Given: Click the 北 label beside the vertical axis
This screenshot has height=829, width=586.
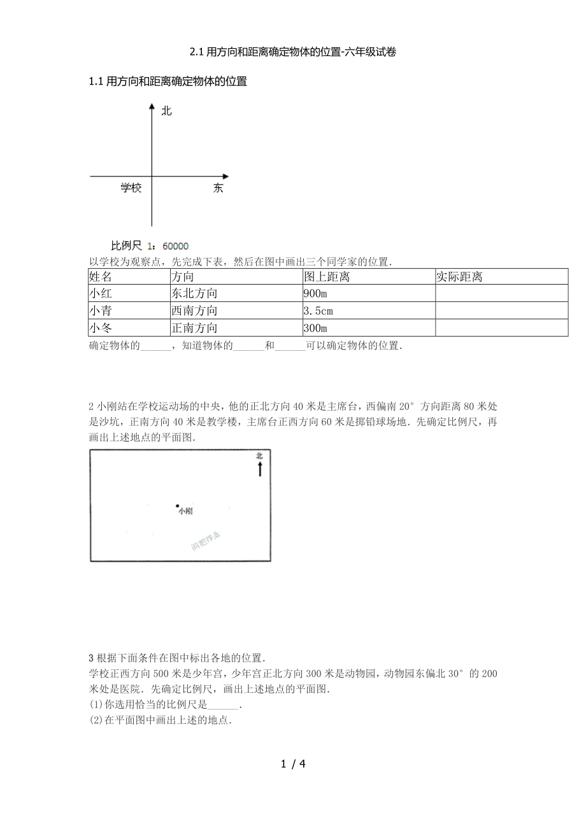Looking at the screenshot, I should tap(167, 111).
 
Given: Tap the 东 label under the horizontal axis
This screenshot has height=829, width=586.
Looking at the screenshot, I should tap(218, 188).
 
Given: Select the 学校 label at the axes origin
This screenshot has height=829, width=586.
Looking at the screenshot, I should tap(131, 188).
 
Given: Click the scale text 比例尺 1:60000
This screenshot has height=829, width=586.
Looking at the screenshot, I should tap(150, 246).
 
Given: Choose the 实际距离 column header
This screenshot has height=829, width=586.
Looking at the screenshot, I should tap(459, 277).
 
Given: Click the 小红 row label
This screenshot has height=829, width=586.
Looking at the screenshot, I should tap(101, 294).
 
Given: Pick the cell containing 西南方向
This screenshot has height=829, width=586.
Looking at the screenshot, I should tap(194, 311).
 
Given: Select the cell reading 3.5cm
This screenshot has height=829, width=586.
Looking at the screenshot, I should tap(319, 311).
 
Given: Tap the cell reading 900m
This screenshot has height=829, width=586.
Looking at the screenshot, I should tap(316, 294).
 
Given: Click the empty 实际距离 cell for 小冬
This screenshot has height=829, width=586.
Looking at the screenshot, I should tap(501, 328).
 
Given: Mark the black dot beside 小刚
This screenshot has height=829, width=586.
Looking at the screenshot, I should tap(177, 507).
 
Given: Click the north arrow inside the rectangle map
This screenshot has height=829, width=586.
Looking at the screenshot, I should tap(260, 469).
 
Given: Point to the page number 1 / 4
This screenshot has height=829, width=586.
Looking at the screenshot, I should tap(293, 763).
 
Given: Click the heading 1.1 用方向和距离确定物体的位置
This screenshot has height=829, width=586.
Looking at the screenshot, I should tap(168, 81).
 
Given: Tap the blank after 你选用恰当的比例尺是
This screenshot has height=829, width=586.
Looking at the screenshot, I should tap(224, 705).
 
